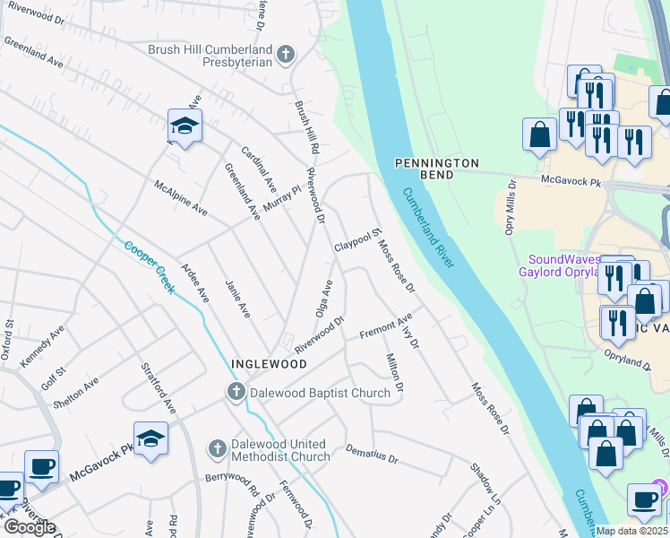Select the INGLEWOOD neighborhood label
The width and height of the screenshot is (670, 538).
coord(269,364)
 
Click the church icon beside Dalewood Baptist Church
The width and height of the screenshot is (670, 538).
coord(235,392)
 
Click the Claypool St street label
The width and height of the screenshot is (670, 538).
coord(358,239)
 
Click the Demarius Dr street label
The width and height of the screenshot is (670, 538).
coord(371,455)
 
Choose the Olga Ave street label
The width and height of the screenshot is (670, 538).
coord(322,299)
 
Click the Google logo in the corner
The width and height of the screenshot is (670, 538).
coord(30,527)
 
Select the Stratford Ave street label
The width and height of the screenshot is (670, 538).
coord(158,389)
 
